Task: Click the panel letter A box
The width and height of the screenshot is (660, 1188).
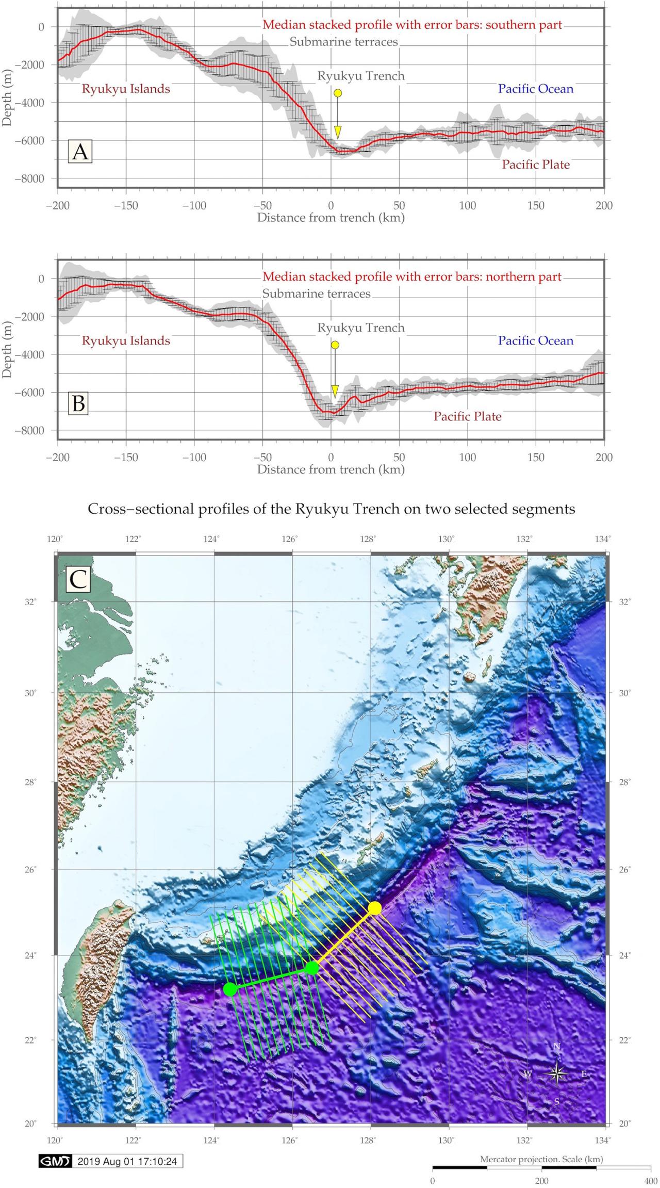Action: pos(80,152)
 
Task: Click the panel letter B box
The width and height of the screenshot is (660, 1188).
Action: pos(79,403)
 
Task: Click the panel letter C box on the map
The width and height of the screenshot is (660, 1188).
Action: pos(78,580)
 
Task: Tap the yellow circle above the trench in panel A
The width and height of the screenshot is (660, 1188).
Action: pos(338,93)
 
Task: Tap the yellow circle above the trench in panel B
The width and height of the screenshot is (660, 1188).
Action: pos(335,345)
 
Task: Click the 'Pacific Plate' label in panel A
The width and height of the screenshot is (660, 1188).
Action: pos(536,165)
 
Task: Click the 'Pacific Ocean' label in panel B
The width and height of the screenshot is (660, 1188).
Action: pos(535,340)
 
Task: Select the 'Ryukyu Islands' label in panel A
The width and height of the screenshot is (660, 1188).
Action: pos(126,89)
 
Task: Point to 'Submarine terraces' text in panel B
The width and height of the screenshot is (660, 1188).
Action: pos(316,294)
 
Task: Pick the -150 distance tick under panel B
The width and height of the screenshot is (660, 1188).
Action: pos(126,457)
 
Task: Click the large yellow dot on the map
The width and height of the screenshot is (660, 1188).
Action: pos(375,908)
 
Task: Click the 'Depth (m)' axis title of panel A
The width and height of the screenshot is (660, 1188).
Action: pos(7,98)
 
